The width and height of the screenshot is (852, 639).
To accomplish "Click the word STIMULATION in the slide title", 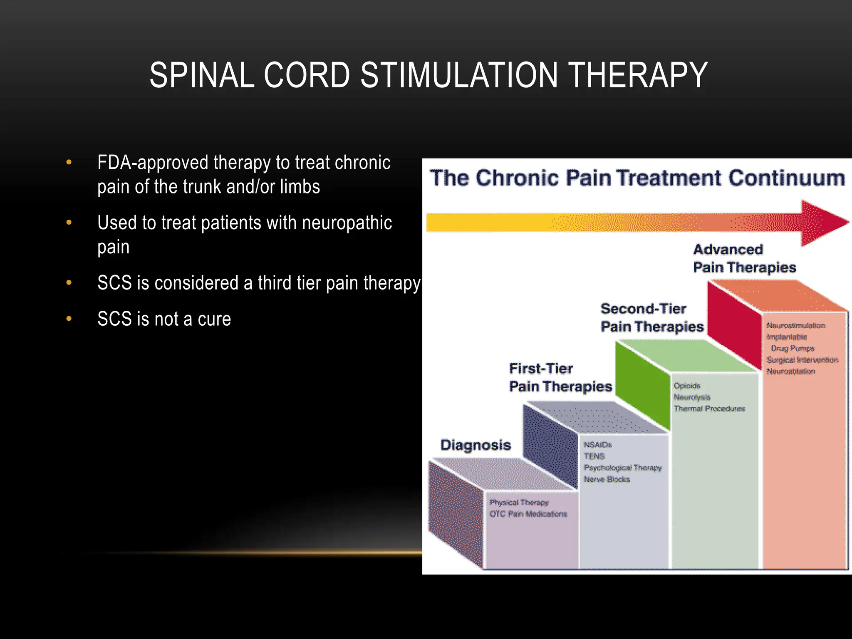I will coord(459,75).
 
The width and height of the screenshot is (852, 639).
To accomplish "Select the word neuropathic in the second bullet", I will coord(347,223).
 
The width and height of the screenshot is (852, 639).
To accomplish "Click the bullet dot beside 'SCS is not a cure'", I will coord(69,319).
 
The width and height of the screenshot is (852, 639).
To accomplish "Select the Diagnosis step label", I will coord(475,445).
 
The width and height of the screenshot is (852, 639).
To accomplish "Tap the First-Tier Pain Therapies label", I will coord(560,378).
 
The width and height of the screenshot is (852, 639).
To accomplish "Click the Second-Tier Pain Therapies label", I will coord(651,318).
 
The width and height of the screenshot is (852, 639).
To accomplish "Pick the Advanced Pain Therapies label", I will coord(744,258).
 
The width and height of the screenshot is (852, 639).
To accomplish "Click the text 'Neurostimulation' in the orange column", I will coord(795,325).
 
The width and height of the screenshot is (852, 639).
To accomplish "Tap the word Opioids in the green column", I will coord(687,386).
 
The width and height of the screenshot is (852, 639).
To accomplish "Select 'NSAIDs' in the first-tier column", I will coord(597,445).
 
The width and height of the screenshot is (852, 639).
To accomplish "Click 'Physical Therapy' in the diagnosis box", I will coord(519,503).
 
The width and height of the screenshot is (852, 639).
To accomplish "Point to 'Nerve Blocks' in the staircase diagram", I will coord(607,479).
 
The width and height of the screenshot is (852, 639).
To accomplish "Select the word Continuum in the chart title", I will coord(786,178).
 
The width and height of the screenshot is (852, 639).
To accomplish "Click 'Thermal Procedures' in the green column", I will coord(709,409).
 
